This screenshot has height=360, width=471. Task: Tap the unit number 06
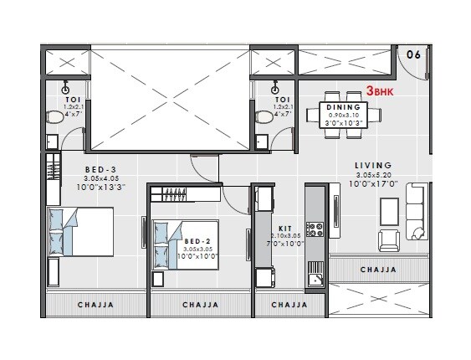[x=412, y=54]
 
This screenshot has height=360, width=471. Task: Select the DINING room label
[x=343, y=107]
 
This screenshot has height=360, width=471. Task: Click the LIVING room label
[x=373, y=166]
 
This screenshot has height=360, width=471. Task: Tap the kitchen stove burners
[x=316, y=228]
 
